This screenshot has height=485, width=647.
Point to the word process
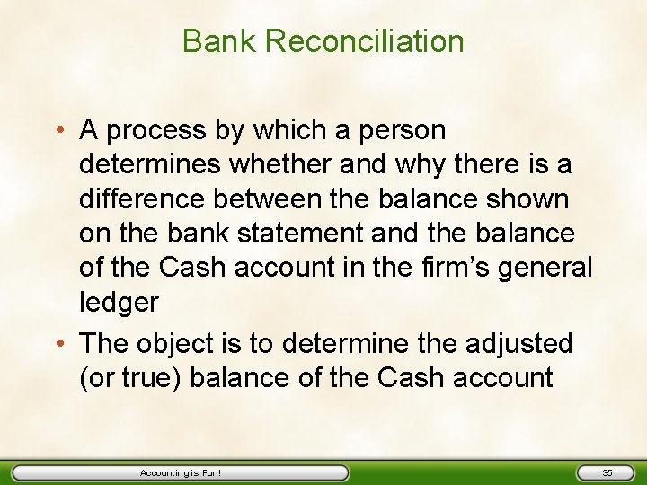pyautogui.click(x=160, y=131)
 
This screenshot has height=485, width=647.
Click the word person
pyautogui.click(x=403, y=131)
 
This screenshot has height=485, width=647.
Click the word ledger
pyautogui.click(x=119, y=302)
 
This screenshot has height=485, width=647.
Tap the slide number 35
pyautogui.click(x=607, y=472)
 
